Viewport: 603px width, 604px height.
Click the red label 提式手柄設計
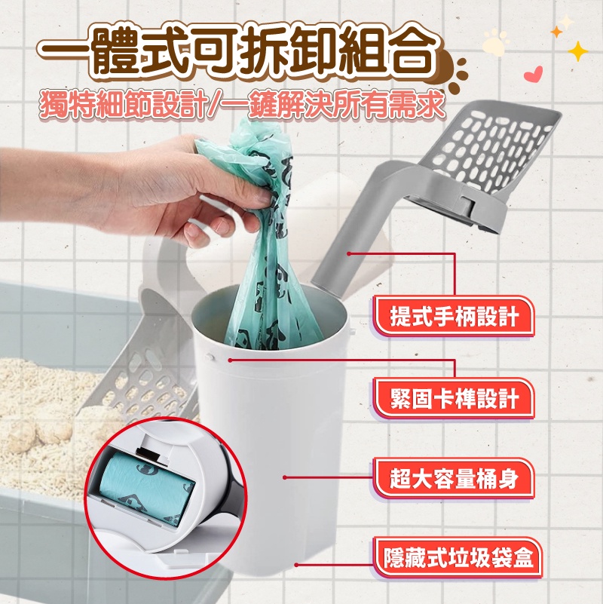coord(455,317)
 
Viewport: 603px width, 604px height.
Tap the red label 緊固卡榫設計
coord(455,398)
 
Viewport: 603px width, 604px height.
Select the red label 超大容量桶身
coord(455,479)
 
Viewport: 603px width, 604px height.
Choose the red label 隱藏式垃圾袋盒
coord(458,558)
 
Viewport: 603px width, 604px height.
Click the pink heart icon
coord(534,73)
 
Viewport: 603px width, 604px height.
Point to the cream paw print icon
coord(495,42)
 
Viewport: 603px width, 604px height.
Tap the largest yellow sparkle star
coord(577,51)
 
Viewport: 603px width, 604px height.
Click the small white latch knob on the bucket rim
coord(210,357)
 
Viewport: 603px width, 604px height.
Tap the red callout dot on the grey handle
coord(348,253)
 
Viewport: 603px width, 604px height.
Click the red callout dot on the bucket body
coord(285,477)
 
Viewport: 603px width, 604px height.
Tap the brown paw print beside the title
coord(454,72)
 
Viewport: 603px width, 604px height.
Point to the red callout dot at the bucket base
coord(295,565)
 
